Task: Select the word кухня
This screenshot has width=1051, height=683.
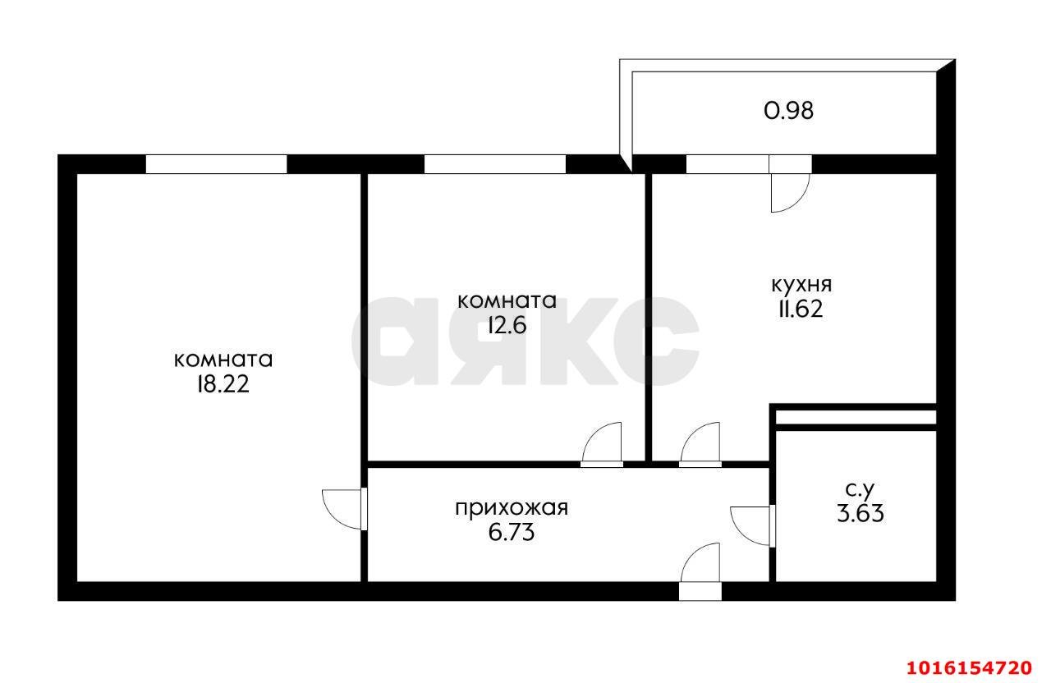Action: (x=801, y=285)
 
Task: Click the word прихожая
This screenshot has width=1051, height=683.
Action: (x=512, y=508)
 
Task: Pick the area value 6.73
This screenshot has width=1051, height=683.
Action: (x=511, y=533)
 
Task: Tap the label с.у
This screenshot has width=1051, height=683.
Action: (x=859, y=490)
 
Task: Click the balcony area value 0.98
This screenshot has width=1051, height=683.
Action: (x=788, y=111)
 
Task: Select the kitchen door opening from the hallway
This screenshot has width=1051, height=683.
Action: (x=700, y=444)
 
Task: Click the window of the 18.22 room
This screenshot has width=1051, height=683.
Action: (x=216, y=164)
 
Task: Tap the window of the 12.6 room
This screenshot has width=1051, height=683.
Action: (x=494, y=164)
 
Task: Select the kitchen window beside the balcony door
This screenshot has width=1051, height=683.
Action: (x=727, y=164)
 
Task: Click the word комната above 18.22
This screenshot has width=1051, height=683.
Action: (x=223, y=360)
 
